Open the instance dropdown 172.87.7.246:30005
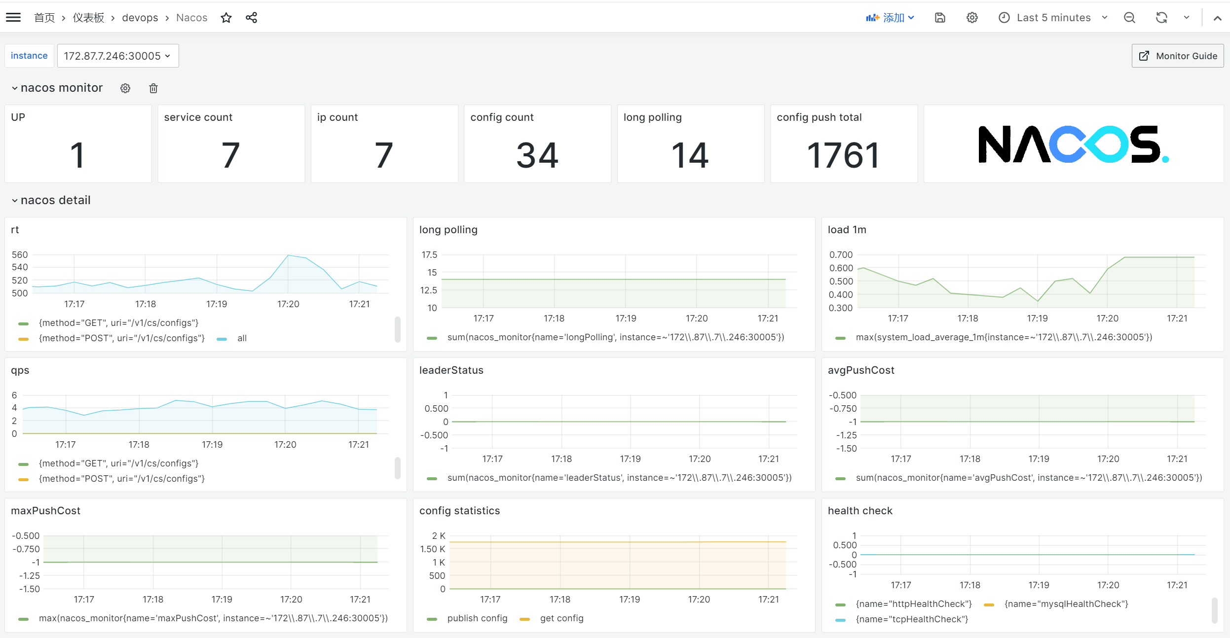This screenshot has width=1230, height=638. [117, 56]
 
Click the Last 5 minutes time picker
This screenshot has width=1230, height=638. [1053, 18]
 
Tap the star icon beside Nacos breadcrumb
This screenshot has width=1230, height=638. [226, 18]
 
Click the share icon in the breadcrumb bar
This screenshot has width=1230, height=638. [251, 18]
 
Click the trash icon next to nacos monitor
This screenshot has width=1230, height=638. [153, 88]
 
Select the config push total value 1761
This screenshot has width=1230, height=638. [843, 155]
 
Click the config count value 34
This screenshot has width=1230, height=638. [537, 155]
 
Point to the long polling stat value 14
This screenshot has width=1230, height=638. [690, 155]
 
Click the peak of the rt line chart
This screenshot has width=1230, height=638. [288, 255]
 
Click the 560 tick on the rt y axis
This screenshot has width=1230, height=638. [20, 255]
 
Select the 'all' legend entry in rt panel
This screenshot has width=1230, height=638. [241, 338]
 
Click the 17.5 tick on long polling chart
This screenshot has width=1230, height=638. [429, 255]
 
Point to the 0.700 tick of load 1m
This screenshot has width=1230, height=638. [841, 255]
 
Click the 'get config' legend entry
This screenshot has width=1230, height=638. [561, 618]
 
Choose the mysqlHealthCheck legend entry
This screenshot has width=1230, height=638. [1066, 604]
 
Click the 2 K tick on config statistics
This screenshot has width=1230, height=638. [439, 536]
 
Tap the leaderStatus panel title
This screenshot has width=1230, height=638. [451, 370]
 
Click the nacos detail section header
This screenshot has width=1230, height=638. [55, 200]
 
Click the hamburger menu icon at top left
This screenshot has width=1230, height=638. [13, 18]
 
